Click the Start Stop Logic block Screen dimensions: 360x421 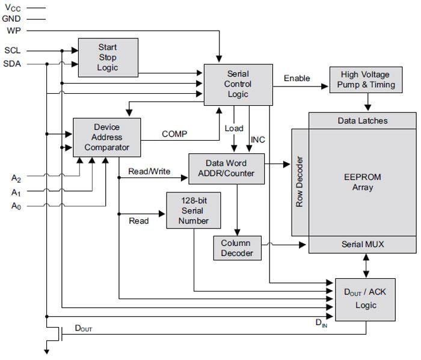tap(108, 58)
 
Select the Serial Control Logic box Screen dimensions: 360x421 tap(238, 84)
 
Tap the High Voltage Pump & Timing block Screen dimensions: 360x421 tap(365, 80)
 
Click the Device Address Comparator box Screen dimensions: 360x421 tap(106, 137)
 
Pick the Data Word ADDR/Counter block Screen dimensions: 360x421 tap(226, 168)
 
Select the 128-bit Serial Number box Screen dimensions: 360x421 tap(194, 211)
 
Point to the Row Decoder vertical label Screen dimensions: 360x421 tap(300, 182)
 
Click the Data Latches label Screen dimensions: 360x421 tap(363, 121)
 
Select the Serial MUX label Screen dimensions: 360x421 tap(363, 244)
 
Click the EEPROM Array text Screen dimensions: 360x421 tap(363, 182)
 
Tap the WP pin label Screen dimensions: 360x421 tap(13, 30)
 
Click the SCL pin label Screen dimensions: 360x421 tap(13, 51)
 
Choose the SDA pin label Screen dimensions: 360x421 tap(13, 64)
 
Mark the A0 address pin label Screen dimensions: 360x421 tap(16, 206)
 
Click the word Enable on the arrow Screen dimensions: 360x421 tap(297, 78)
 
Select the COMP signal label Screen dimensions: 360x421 tap(174, 134)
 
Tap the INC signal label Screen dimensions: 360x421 tap(258, 140)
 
